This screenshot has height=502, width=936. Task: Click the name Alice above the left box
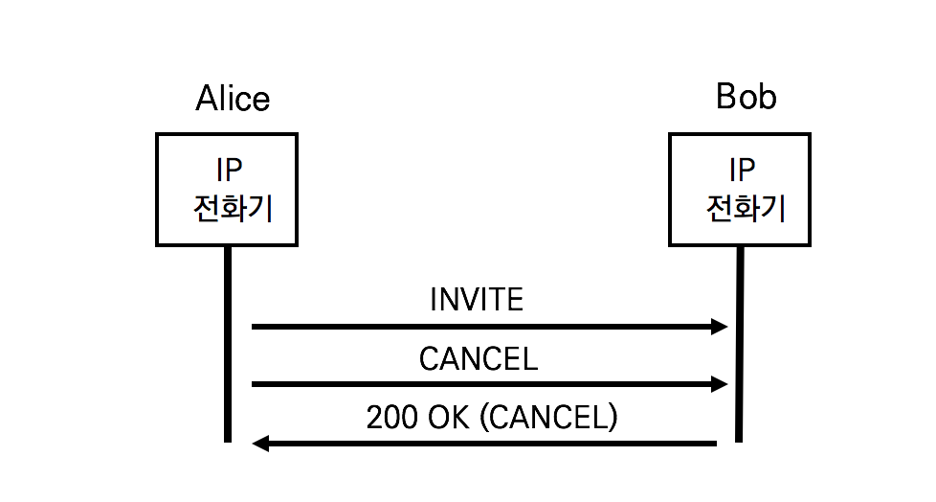[233, 99]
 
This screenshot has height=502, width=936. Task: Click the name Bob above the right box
[746, 97]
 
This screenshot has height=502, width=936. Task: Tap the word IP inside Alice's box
[229, 171]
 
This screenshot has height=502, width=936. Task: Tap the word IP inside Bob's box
[743, 171]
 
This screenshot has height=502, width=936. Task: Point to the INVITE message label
[477, 300]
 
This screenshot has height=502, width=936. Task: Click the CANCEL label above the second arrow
[478, 358]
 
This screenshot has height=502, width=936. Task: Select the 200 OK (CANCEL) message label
[492, 418]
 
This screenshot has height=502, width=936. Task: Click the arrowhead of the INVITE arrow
[720, 327]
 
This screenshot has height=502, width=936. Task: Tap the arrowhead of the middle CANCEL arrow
[720, 385]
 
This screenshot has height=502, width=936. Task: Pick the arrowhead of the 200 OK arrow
[260, 444]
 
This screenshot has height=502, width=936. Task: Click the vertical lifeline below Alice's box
[228, 345]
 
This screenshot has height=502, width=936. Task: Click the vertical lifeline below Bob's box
[740, 345]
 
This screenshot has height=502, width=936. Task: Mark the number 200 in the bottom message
[390, 418]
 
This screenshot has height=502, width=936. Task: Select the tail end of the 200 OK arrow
[713, 444]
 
